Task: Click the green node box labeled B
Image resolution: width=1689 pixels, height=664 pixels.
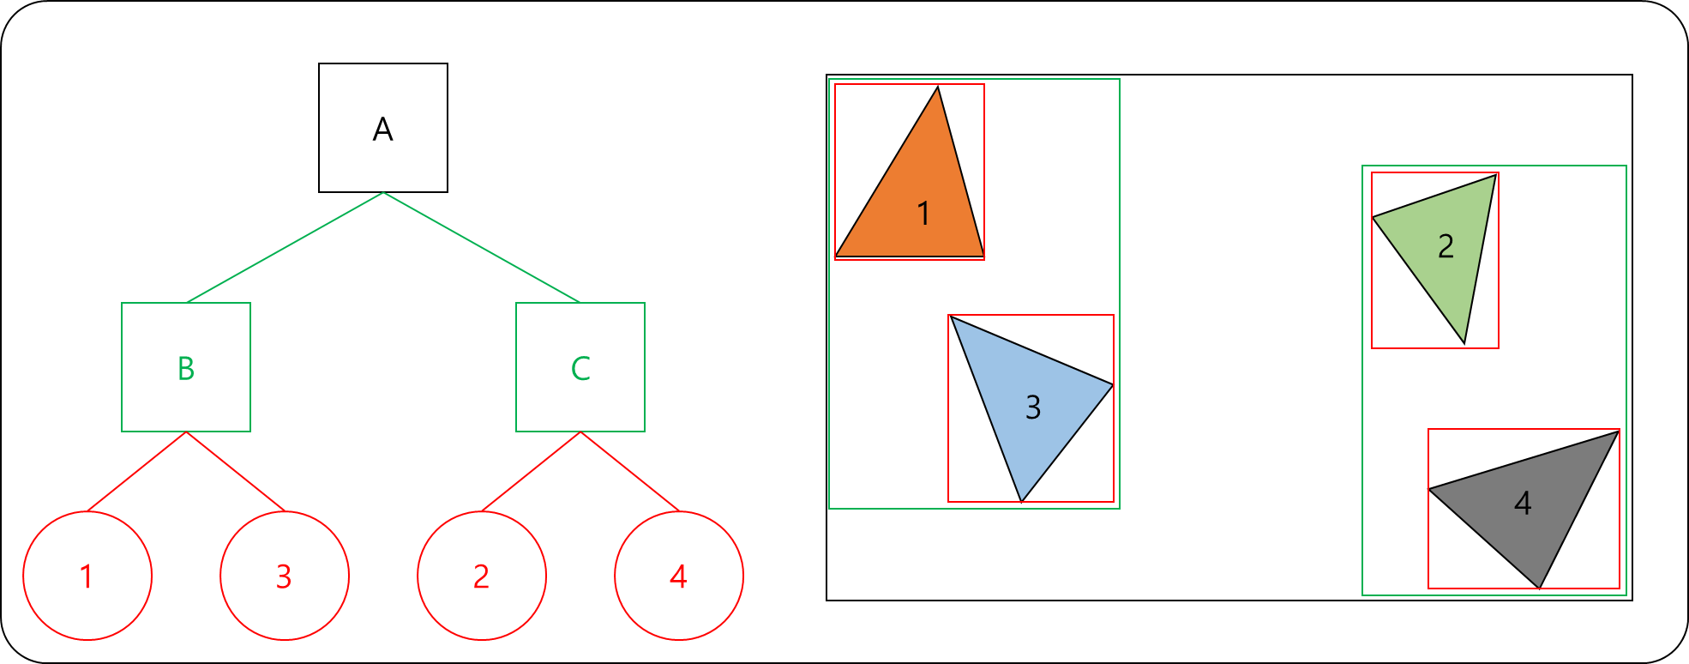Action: (x=186, y=367)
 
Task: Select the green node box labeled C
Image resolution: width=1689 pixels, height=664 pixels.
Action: (x=580, y=367)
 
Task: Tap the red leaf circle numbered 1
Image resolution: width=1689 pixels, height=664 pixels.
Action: (x=87, y=576)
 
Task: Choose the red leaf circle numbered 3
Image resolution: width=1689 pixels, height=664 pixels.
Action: (x=285, y=576)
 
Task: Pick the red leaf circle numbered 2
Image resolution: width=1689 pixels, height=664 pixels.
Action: (x=482, y=576)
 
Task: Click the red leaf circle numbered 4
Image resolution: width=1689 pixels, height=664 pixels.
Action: (x=679, y=576)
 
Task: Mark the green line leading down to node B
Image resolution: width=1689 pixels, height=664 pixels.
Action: (x=285, y=248)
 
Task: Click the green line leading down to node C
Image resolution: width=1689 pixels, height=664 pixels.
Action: (x=482, y=248)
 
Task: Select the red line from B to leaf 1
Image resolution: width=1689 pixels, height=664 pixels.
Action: (x=137, y=471)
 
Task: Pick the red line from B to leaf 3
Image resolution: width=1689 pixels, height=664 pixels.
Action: (x=236, y=471)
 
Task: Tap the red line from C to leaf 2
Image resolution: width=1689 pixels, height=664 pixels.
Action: (x=532, y=471)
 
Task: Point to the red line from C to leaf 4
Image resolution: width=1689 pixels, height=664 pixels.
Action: (x=630, y=471)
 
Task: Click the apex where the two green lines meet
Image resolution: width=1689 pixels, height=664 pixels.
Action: (x=383, y=194)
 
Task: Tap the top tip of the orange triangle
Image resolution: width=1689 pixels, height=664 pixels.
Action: (x=937, y=92)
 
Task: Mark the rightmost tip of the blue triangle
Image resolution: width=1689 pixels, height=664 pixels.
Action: (x=1109, y=386)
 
